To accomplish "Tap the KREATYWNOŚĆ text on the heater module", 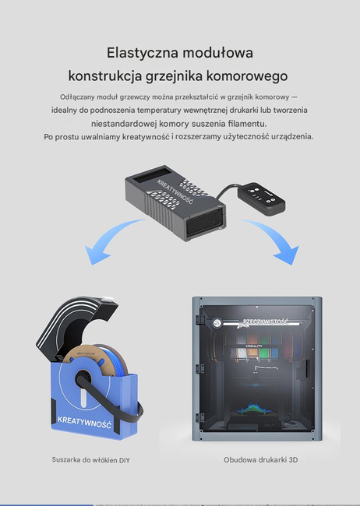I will pos(173,194).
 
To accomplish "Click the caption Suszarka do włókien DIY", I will pos(90,460).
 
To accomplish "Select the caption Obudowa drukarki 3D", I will pos(260,460).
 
